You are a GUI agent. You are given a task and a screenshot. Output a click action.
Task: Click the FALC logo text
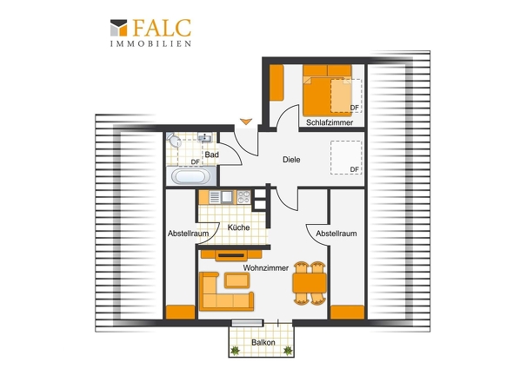point(162,28)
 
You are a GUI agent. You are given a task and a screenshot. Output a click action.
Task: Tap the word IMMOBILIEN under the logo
point(150,43)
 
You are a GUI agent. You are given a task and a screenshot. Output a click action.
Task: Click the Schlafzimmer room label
point(330,122)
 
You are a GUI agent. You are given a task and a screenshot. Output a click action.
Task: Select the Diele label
point(291,160)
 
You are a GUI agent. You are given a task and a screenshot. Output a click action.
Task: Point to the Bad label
point(211,155)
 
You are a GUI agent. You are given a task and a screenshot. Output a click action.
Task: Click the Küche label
point(238,227)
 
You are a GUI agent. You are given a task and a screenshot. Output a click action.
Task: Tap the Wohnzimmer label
point(266,268)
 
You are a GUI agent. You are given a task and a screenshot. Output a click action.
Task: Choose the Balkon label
point(263,342)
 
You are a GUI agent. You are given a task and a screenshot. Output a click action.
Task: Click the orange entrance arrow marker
point(246,122)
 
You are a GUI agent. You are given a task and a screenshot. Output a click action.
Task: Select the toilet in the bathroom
point(173,140)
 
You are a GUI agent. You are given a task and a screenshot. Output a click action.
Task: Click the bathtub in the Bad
point(191,176)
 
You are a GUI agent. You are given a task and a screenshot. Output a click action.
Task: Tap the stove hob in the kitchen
point(243,197)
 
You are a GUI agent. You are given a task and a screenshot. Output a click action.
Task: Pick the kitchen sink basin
point(227,197)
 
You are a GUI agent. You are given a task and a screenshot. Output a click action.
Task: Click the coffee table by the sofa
point(237,280)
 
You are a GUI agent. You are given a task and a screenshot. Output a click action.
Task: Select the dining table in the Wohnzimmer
point(310,283)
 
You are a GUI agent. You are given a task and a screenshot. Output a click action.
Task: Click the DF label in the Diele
point(355,169)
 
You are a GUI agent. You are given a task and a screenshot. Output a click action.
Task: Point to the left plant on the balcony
point(235,351)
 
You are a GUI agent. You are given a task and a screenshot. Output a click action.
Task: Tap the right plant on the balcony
point(288,351)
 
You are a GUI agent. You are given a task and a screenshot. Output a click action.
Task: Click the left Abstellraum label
point(188,234)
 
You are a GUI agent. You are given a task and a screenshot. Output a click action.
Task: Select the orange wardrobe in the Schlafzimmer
point(276,82)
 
